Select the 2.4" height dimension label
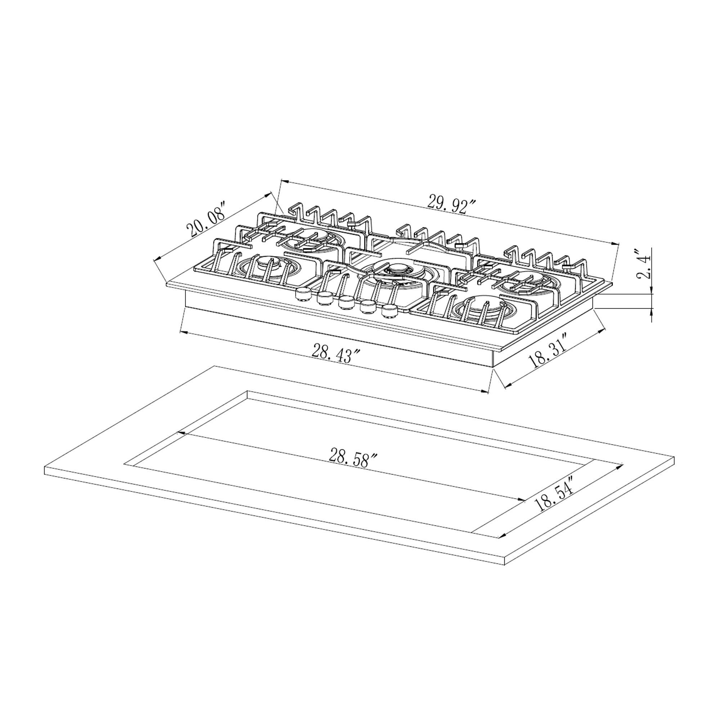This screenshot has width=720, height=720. (x=644, y=265)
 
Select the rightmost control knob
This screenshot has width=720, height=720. (x=390, y=311)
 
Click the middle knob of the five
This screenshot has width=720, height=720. (x=346, y=302)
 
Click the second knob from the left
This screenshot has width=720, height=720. (x=325, y=298)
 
